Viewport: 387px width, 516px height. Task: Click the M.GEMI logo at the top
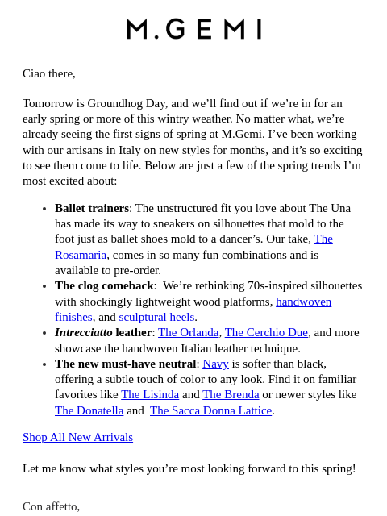click(193, 29)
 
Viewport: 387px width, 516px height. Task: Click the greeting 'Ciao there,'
click(49, 73)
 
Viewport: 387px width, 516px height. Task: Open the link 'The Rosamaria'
click(81, 255)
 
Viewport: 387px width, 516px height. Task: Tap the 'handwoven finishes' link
click(303, 302)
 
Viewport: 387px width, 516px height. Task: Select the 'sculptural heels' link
click(156, 317)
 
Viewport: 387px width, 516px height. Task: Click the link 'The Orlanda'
click(188, 332)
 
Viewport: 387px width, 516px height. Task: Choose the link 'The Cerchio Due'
click(266, 332)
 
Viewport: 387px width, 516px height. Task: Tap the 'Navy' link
click(215, 364)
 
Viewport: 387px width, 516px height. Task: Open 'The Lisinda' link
click(150, 394)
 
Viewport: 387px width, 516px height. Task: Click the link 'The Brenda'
click(231, 394)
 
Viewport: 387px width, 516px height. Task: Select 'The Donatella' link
click(89, 410)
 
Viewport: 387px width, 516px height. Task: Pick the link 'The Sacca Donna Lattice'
click(210, 410)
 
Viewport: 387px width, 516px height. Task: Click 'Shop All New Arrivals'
click(77, 437)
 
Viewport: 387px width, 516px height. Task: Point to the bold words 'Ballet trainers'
click(91, 208)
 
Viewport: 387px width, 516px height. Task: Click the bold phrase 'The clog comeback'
click(104, 285)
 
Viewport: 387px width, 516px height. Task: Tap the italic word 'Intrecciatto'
click(83, 332)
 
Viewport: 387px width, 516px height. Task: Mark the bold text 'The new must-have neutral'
click(125, 364)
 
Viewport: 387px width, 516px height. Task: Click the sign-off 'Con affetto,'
click(52, 506)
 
